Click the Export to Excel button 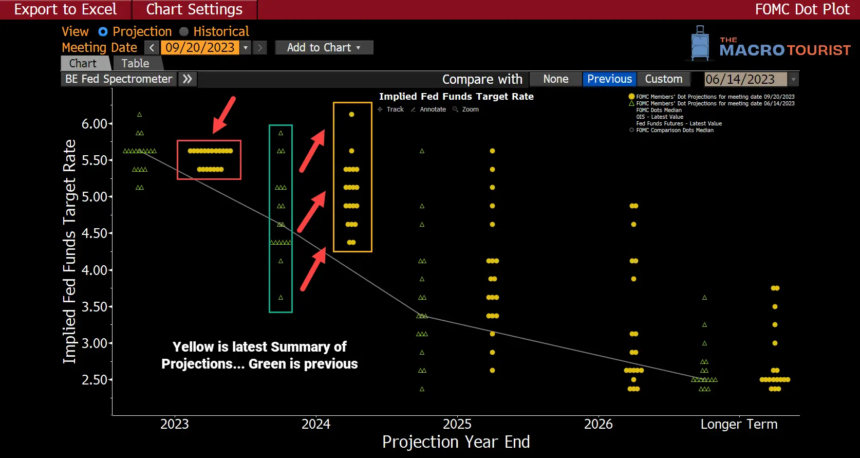(x=65, y=9)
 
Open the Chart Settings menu (x=194, y=9)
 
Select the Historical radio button (x=184, y=32)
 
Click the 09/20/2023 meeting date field (x=200, y=48)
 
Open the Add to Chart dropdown (x=324, y=48)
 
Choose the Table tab (x=135, y=63)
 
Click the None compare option (x=555, y=79)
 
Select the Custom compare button (x=663, y=79)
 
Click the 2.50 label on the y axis (x=95, y=380)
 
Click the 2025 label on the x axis (x=457, y=424)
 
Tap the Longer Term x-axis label (x=739, y=424)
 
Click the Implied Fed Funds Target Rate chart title (x=456, y=97)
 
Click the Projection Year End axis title (x=456, y=442)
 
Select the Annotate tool (x=433, y=109)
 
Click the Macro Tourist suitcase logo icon (x=700, y=44)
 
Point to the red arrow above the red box (x=225, y=115)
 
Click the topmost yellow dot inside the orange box (x=351, y=115)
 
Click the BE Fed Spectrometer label (x=119, y=79)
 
